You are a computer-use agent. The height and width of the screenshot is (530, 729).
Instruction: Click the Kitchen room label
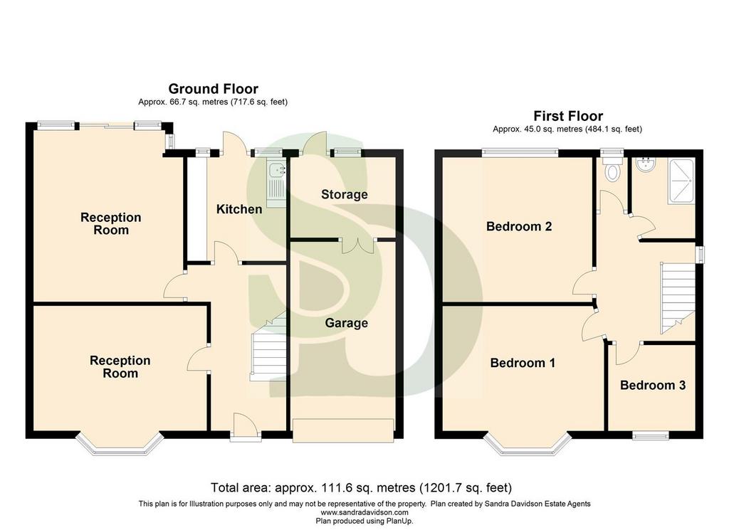[x=239, y=209]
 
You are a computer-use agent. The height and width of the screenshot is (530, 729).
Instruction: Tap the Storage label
[x=344, y=194]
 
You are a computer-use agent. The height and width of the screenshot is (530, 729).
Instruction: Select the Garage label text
[x=347, y=323]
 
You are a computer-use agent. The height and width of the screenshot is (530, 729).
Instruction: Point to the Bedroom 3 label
[x=653, y=385]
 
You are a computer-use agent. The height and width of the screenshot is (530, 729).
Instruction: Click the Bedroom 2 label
[x=519, y=226]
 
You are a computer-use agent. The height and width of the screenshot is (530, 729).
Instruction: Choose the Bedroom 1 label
[x=523, y=363]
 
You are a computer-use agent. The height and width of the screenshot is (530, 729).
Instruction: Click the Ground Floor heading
[x=213, y=89]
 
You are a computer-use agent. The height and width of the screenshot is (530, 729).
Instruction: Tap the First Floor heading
[x=568, y=116]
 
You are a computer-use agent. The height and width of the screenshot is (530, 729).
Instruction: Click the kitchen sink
[x=277, y=184]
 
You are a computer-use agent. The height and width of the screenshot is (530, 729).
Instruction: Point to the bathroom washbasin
[x=645, y=165]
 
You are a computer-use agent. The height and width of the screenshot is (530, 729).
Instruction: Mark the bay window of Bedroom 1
[x=528, y=445]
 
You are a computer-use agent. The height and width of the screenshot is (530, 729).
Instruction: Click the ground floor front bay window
[x=120, y=444]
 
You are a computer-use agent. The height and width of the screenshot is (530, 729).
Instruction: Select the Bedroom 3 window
[x=651, y=435]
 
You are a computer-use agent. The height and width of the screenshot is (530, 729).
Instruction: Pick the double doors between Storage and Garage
[x=357, y=245]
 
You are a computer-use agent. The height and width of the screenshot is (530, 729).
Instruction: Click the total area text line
[x=361, y=488]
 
